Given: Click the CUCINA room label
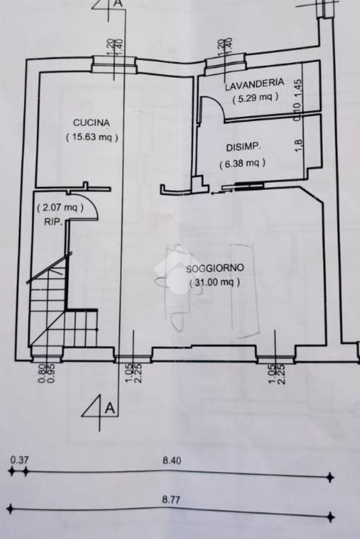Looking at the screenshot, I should coord(91,123).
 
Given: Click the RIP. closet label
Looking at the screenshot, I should coord(54,222).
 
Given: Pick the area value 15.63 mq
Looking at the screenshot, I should coord(92,137).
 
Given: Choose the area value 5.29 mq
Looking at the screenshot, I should coord(255,97).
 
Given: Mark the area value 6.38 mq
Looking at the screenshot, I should coord(242,163).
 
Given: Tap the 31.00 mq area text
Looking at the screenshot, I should coord(215,282).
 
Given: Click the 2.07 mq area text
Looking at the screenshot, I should coord(60,207).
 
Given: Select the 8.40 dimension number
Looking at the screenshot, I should coord(172,460).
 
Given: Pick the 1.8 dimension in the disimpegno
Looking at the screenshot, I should coord(298,144).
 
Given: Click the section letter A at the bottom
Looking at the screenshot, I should coord(110,407).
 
